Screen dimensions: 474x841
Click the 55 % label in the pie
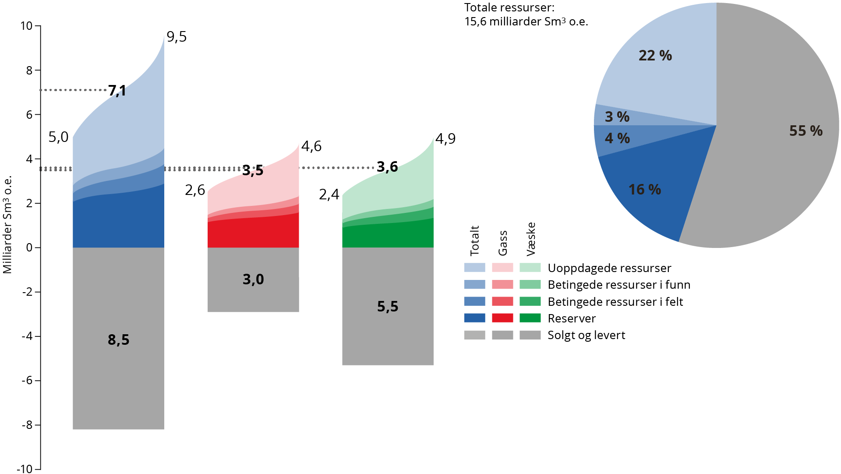(x=806, y=131)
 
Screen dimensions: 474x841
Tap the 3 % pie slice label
(x=617, y=117)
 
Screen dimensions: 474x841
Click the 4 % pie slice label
(x=617, y=138)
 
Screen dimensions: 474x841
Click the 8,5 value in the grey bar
(x=118, y=340)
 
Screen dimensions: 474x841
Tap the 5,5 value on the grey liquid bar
(x=387, y=306)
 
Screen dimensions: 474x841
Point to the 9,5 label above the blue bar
(x=177, y=37)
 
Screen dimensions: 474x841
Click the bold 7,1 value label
(x=117, y=91)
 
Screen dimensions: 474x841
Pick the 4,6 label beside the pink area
(x=311, y=146)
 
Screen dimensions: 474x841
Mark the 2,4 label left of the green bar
(x=329, y=194)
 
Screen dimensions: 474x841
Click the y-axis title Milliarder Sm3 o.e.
(x=7, y=224)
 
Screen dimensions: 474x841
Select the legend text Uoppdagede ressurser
(x=609, y=268)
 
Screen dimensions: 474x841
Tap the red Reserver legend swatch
(x=502, y=318)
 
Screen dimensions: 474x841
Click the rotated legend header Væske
(x=531, y=239)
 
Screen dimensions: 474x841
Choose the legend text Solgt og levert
(x=586, y=335)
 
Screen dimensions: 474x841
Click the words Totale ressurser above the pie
(x=509, y=8)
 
